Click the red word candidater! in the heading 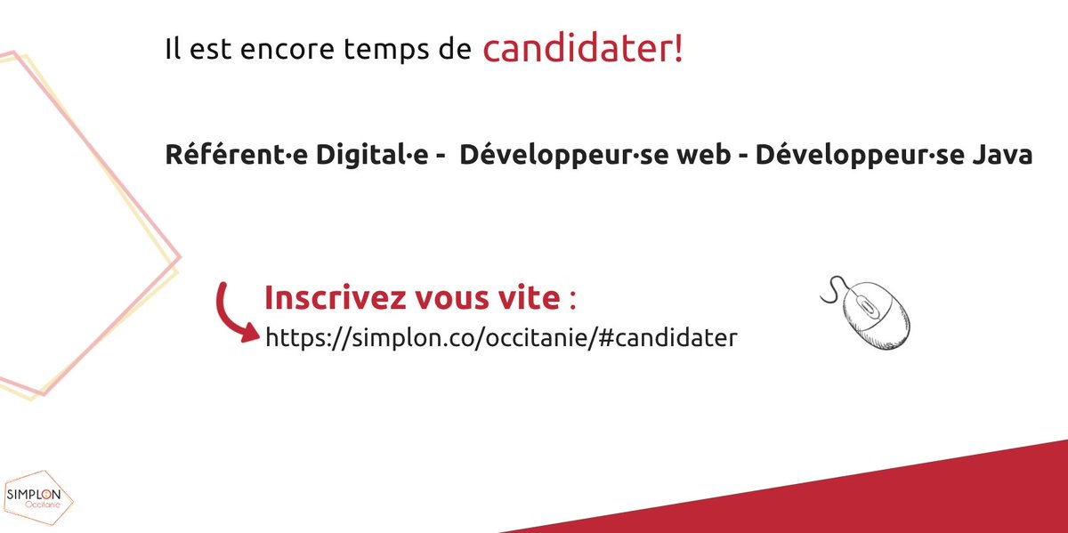click(x=583, y=50)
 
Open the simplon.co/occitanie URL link click(x=501, y=338)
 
